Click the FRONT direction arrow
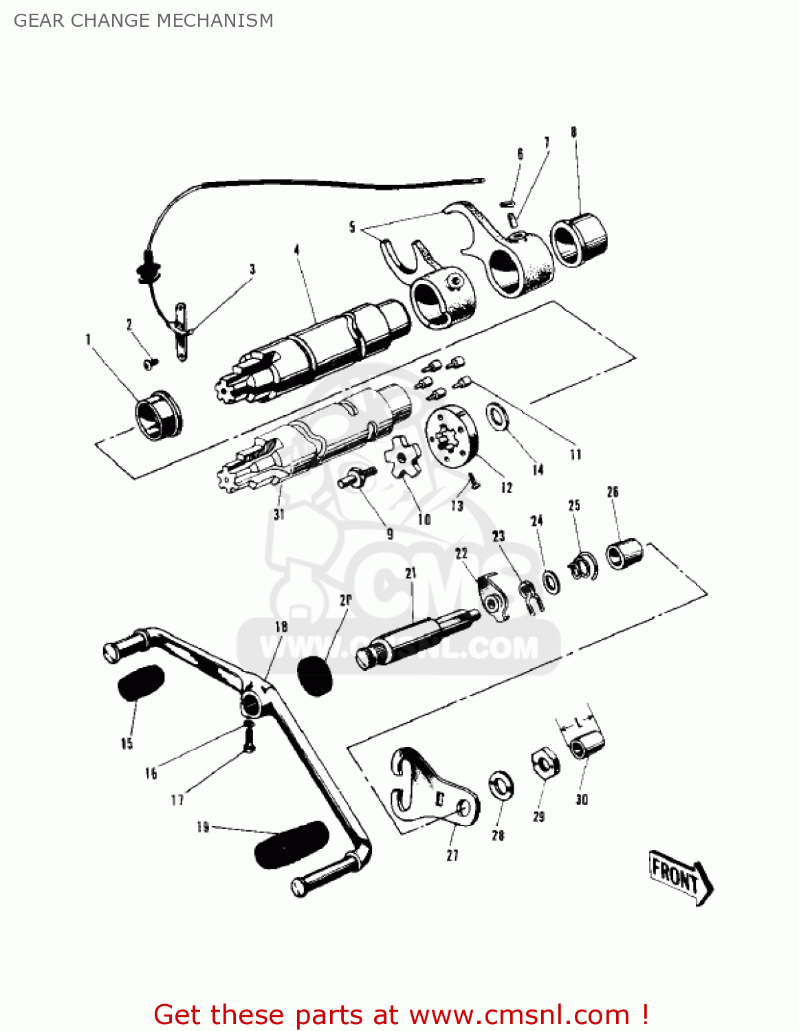(x=680, y=879)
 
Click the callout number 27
(x=452, y=856)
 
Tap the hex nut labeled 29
(x=545, y=764)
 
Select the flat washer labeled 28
(x=501, y=786)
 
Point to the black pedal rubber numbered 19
(x=292, y=845)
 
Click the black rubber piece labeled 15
(x=141, y=682)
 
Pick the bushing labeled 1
(x=158, y=416)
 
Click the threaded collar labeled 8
(x=580, y=240)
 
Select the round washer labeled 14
(x=497, y=416)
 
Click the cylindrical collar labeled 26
(x=624, y=554)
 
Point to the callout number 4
(x=296, y=250)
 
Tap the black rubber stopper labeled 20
(x=315, y=676)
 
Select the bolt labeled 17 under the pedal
(x=250, y=738)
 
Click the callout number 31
(x=278, y=514)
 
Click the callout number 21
(x=411, y=573)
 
